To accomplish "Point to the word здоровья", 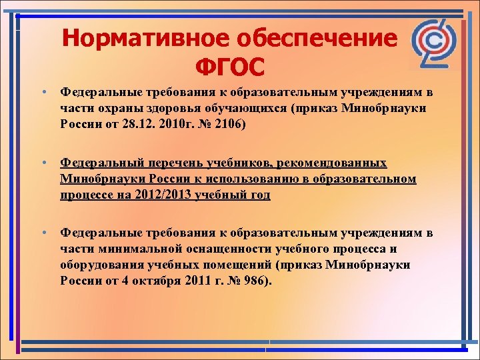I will pyautogui.click(x=178, y=108).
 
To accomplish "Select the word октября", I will pyautogui.click(x=143, y=281).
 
